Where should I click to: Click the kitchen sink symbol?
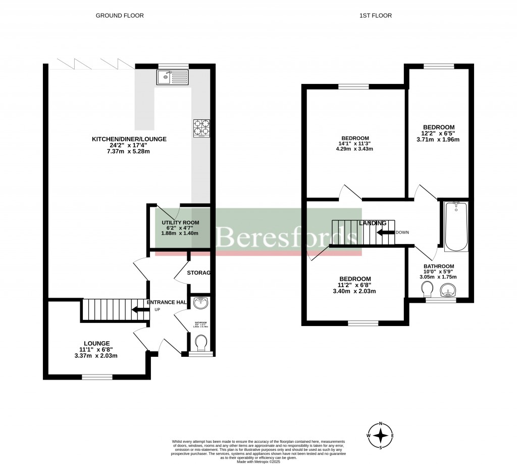click(172, 77)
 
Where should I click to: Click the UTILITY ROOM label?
click(180, 223)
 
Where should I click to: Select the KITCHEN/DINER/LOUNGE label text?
click(129, 139)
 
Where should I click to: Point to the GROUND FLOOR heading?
click(120, 16)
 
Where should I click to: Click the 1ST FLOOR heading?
click(375, 16)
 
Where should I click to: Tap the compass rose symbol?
click(382, 435)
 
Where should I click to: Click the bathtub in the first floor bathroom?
click(456, 226)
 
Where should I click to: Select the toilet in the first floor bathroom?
click(427, 290)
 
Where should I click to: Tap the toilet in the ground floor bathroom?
click(201, 344)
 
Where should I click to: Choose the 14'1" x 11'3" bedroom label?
click(355, 138)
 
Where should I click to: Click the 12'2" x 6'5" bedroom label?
click(439, 127)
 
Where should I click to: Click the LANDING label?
click(373, 223)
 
